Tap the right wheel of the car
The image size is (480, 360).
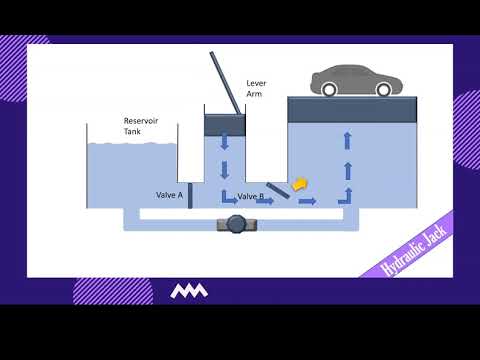click(383, 90)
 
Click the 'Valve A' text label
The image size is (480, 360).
click(169, 196)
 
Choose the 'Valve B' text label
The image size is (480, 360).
click(251, 197)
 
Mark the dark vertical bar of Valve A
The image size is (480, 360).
click(189, 195)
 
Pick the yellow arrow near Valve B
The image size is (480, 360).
click(297, 184)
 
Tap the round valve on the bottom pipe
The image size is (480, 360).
click(236, 225)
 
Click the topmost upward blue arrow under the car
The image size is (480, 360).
click(348, 140)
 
